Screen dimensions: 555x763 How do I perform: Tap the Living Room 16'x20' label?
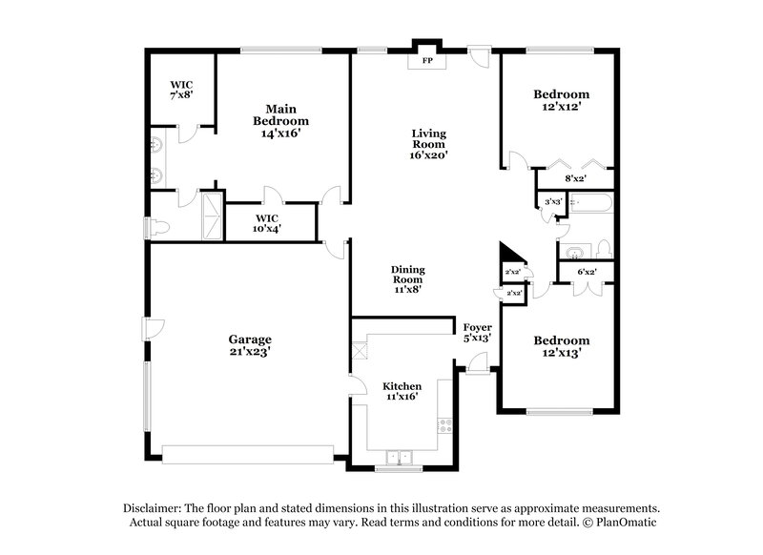click(x=429, y=143)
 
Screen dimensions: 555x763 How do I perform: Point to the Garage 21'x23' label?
click(x=250, y=345)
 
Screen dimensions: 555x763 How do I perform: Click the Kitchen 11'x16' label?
click(x=402, y=392)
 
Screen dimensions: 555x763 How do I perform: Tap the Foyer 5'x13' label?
click(x=477, y=332)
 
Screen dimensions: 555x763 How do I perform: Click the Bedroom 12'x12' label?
click(x=561, y=101)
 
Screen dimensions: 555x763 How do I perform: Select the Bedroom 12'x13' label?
click(x=561, y=346)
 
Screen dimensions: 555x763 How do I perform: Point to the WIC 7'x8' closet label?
click(x=182, y=90)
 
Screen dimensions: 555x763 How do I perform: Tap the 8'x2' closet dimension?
click(x=575, y=178)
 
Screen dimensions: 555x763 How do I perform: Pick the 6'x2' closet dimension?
click(x=588, y=273)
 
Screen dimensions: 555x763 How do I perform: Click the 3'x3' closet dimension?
click(x=551, y=202)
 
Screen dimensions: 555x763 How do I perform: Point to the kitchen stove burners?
click(x=443, y=428)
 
